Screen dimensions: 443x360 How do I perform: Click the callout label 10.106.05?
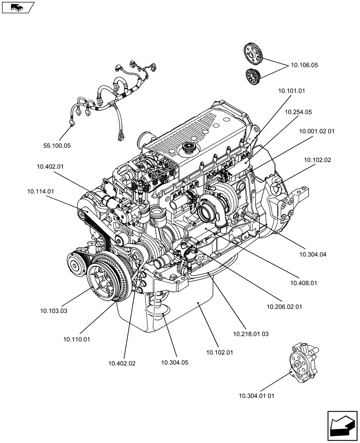(304, 65)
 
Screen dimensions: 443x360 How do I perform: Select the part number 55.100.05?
(57, 145)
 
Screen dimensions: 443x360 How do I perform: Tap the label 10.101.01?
(292, 90)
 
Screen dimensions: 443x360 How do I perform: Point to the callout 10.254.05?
(298, 112)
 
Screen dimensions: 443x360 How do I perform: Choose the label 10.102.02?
(317, 160)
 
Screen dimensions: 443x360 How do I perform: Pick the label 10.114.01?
(40, 191)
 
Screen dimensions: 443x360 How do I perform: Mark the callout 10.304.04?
(313, 254)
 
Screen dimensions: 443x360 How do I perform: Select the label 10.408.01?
(304, 282)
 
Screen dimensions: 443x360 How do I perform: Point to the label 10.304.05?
(175, 362)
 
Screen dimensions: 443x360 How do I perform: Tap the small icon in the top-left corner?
(17, 7)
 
